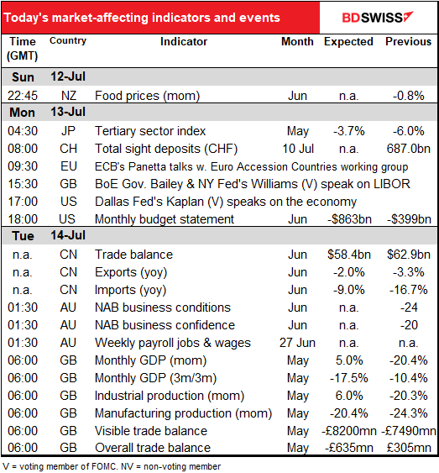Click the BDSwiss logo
tap(378, 18)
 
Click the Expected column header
tap(348, 42)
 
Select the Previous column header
tap(408, 42)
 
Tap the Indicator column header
tap(184, 42)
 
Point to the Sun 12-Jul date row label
tap(49, 77)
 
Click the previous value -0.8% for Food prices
tap(409, 96)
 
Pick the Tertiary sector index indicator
tap(150, 131)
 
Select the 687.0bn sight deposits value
tap(409, 149)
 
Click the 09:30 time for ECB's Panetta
tap(23, 166)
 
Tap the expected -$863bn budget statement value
tap(349, 219)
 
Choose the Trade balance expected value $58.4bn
tap(349, 255)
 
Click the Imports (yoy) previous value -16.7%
tap(409, 290)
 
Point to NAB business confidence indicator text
tap(165, 325)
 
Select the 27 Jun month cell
tap(297, 343)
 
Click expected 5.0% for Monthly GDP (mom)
tap(349, 360)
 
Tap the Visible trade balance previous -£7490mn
tap(409, 431)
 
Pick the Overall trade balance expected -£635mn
tap(349, 448)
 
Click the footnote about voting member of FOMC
tap(111, 466)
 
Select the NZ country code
tap(69, 96)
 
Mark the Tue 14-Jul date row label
tap(49, 235)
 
